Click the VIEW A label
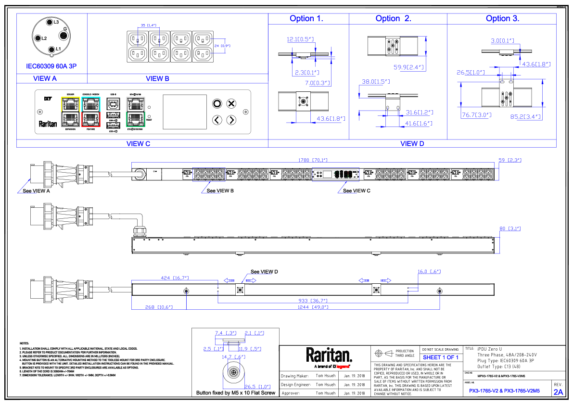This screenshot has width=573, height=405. [45, 78]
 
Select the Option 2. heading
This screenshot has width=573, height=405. [393, 19]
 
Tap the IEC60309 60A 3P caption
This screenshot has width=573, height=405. [51, 65]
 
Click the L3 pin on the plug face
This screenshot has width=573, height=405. [49, 23]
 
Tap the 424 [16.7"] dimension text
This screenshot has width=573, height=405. [175, 278]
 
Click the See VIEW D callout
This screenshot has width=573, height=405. [264, 272]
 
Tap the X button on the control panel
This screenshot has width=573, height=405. [231, 103]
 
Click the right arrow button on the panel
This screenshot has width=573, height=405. [231, 120]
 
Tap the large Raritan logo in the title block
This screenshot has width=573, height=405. [329, 355]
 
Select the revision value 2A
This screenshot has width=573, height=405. [558, 392]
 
